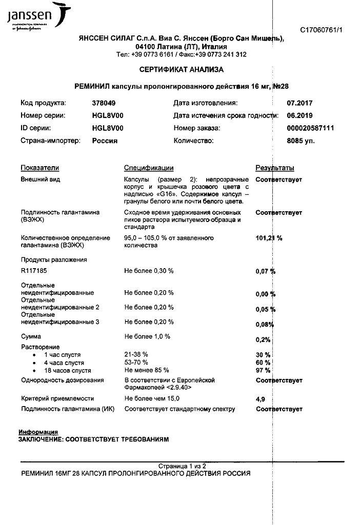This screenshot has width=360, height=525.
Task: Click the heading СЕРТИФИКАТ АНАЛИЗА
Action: [x=181, y=69]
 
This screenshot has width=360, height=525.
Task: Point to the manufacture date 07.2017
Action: [x=300, y=103]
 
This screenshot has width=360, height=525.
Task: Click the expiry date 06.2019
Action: [x=300, y=115]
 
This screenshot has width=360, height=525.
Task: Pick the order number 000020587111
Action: [x=311, y=128]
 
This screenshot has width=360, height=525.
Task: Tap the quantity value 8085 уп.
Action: [x=301, y=140]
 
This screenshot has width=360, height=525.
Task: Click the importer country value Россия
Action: [x=105, y=140]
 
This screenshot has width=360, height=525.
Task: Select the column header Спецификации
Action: [x=149, y=168]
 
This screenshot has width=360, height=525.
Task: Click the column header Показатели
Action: [x=40, y=168]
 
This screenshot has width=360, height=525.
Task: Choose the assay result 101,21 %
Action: [x=269, y=238]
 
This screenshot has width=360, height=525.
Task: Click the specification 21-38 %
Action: [x=136, y=354]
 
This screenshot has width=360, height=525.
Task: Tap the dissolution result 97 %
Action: [x=263, y=370]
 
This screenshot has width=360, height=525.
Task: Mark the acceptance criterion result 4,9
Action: [x=260, y=398]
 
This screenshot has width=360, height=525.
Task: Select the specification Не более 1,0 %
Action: [x=147, y=336]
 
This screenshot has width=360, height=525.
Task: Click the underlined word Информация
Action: [x=38, y=432]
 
